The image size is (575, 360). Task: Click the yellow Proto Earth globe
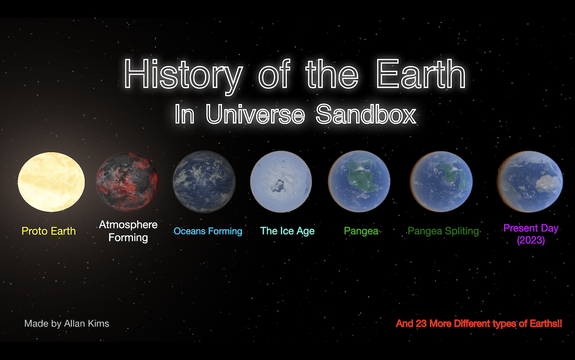coord(51,182)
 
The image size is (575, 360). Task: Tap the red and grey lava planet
coord(127,182)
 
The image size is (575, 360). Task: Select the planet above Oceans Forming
coord(204,182)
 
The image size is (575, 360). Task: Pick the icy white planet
coord(281,182)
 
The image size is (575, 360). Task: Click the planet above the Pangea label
coord(359,181)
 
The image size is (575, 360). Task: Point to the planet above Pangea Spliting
coord(441,182)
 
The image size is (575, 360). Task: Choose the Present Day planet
coord(530,182)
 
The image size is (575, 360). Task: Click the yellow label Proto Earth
coord(48,231)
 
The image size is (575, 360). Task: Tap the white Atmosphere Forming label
coord(128,231)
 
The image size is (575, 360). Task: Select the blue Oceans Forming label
coord(208,231)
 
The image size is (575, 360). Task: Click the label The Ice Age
coord(287,231)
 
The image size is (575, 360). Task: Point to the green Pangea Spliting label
coord(443,231)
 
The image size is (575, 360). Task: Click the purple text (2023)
coord(531,240)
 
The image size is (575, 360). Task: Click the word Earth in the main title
coord(421,74)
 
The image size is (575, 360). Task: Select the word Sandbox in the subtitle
coord(366,114)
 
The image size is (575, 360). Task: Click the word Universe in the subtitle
coord(255,114)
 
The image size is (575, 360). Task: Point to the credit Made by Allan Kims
coord(67,324)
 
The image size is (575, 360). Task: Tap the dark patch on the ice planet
coord(278,186)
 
